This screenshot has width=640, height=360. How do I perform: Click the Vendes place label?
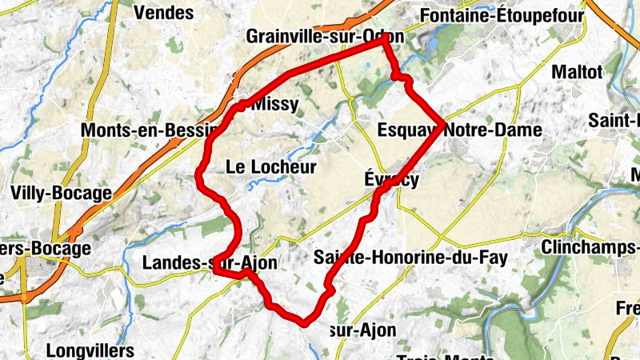pyautogui.click(x=163, y=12)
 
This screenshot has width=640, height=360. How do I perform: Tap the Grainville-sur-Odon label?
pyautogui.click(x=324, y=37)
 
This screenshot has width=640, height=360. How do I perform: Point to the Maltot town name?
pyautogui.click(x=577, y=72)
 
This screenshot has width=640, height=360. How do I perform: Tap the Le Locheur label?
pyautogui.click(x=271, y=167)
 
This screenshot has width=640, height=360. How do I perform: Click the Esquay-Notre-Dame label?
pyautogui.click(x=458, y=130)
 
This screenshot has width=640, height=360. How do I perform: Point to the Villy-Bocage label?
pyautogui.click(x=61, y=193)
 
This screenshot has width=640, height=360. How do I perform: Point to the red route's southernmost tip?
pyautogui.click(x=303, y=324)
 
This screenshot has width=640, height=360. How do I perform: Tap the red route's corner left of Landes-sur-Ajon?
pyautogui.click(x=216, y=271)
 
